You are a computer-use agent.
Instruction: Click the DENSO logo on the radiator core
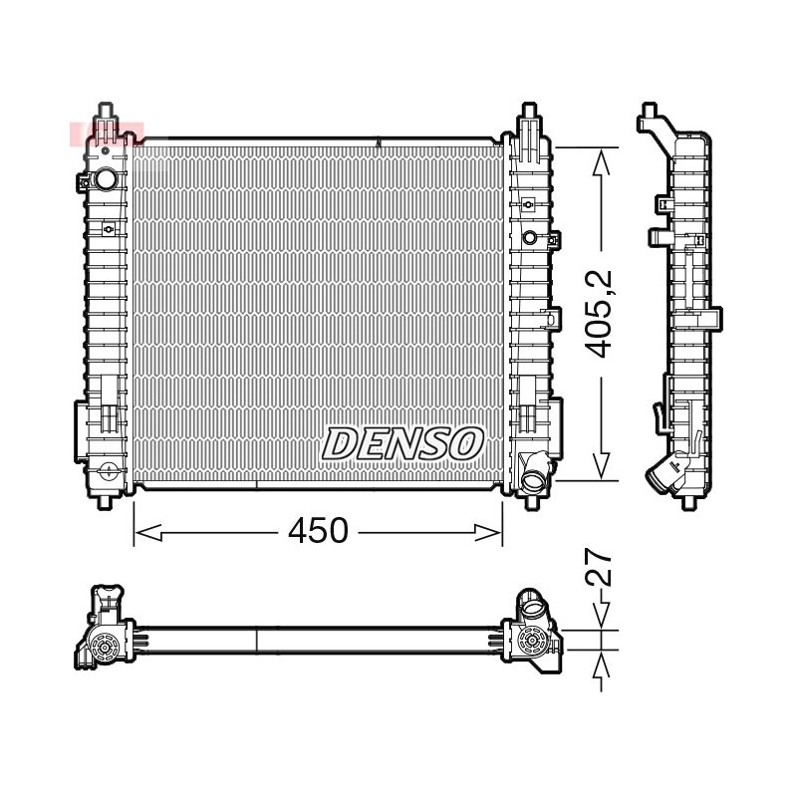(401, 443)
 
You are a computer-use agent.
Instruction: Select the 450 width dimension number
(318, 531)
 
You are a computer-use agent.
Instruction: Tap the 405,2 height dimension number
(600, 314)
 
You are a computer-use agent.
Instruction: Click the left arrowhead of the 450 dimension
(148, 533)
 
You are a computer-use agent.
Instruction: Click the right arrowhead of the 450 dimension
(488, 533)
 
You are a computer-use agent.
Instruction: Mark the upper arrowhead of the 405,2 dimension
(602, 161)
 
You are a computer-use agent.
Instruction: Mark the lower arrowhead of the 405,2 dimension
(602, 464)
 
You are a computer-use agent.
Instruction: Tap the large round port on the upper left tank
(106, 178)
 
